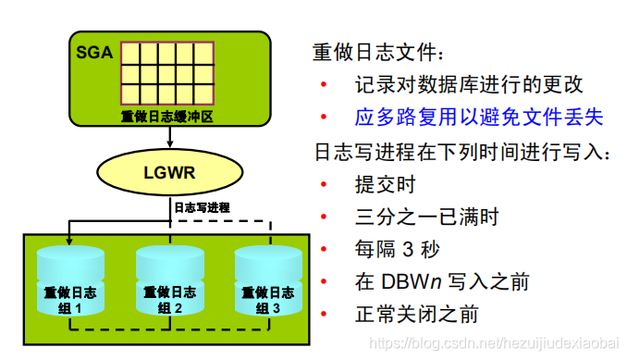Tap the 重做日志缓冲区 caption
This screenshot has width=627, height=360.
point(167,117)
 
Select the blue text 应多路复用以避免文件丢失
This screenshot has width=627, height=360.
point(479,117)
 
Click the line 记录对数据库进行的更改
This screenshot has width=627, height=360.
point(469,85)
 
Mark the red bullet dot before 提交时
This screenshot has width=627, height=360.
point(324,184)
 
